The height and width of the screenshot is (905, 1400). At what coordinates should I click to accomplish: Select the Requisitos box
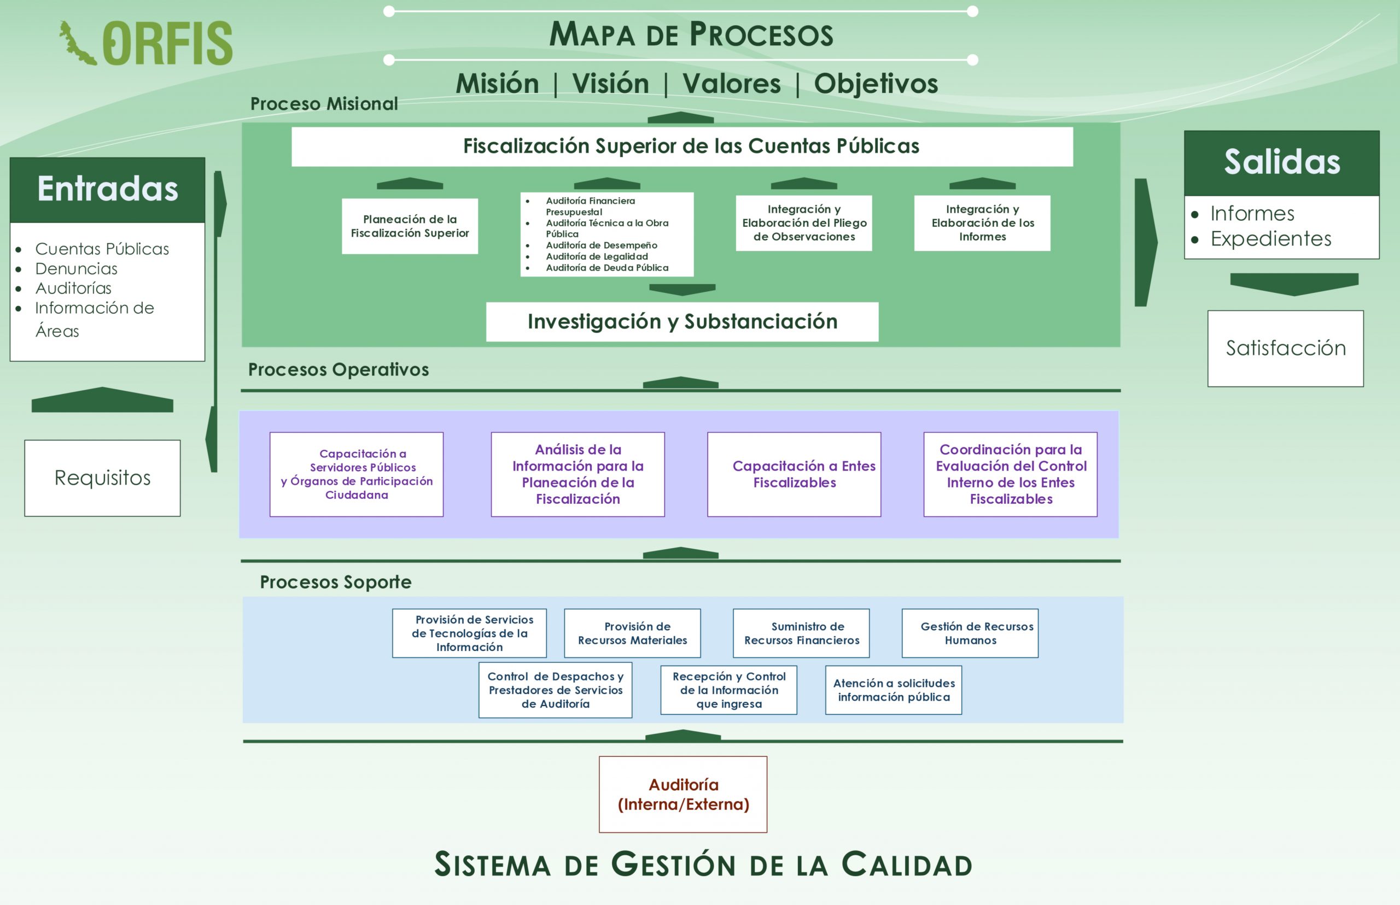[x=102, y=478]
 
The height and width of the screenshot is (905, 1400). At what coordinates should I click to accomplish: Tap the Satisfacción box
[x=1285, y=349]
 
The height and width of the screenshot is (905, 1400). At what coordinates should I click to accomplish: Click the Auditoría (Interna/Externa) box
[x=682, y=794]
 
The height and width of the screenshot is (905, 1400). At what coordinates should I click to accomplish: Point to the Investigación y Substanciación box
[x=682, y=321]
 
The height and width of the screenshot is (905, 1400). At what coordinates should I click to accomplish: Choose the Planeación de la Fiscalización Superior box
[x=410, y=226]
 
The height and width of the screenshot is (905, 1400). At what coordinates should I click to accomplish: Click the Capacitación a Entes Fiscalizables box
[x=794, y=474]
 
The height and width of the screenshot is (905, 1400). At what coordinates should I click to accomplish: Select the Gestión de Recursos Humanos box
[x=970, y=633]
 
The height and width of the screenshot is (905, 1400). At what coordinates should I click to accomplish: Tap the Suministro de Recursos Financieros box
[x=801, y=633]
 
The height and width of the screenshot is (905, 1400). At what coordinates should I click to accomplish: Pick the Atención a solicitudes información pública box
[x=893, y=690]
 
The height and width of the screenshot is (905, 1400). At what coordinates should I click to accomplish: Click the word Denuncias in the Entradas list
[x=77, y=268]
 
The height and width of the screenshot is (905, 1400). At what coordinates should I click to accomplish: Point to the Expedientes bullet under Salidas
[x=1270, y=239]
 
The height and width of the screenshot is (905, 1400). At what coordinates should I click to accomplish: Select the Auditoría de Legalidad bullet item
[x=597, y=256]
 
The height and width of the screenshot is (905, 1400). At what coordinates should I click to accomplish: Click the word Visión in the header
[x=610, y=84]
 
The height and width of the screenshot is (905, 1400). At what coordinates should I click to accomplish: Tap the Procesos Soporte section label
[x=336, y=582]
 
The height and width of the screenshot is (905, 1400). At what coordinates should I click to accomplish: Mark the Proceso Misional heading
[x=324, y=104]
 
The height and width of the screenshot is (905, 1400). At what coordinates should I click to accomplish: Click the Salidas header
[x=1281, y=162]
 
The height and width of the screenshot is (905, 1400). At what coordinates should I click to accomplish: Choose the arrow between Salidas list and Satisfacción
[x=1293, y=283]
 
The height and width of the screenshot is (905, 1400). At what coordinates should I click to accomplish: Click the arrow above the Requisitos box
[x=102, y=400]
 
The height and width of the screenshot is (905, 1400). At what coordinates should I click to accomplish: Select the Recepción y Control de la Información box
[x=728, y=690]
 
